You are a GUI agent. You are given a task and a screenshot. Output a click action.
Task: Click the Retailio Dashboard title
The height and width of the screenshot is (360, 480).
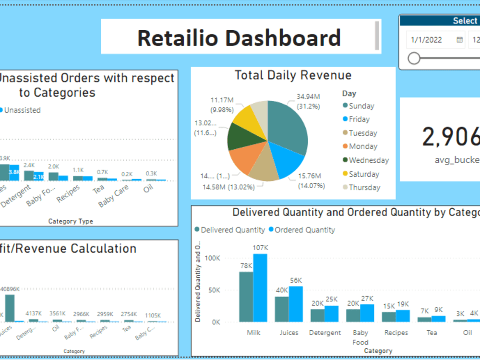point(239,37)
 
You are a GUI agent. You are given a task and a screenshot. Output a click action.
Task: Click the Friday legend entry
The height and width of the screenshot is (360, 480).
point(359,119)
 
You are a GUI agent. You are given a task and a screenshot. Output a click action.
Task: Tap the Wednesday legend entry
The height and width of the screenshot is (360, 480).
point(368,160)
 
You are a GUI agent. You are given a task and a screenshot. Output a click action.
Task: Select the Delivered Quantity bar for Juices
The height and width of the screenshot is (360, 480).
point(281,309)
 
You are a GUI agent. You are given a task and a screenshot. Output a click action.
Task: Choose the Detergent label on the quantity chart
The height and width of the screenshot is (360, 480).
point(325,333)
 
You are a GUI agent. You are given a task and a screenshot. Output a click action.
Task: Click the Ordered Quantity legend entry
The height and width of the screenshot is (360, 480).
point(304,230)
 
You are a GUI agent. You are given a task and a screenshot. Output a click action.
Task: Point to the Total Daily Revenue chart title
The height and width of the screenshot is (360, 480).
point(293,75)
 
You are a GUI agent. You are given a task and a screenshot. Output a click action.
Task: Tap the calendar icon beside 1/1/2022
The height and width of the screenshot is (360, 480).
point(459,40)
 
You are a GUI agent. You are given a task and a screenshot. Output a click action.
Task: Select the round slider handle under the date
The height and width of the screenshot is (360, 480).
point(414,59)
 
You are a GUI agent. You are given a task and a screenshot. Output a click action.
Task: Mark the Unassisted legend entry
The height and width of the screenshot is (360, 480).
point(22,110)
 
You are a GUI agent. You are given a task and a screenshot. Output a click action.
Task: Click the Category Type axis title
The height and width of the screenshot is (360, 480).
point(71,221)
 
